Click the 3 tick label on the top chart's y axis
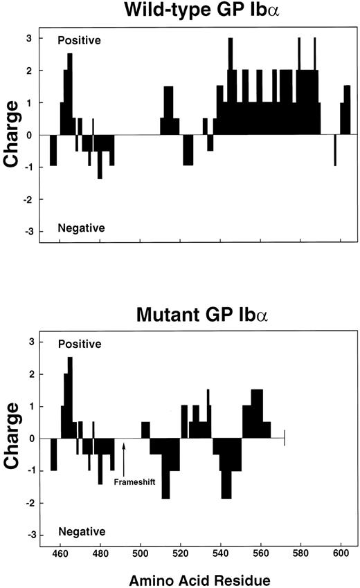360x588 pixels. pyautogui.click(x=28, y=38)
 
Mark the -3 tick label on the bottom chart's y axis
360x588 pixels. pyautogui.click(x=26, y=535)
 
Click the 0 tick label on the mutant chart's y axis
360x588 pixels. pyautogui.click(x=28, y=438)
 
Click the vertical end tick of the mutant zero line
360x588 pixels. pyautogui.click(x=285, y=438)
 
